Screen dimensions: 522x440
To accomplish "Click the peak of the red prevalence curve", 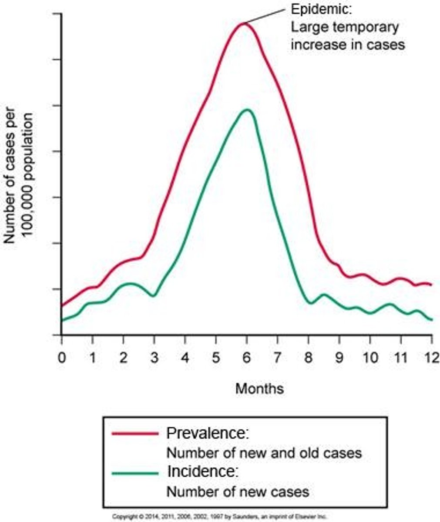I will (245, 23).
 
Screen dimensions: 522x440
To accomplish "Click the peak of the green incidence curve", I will (247, 109).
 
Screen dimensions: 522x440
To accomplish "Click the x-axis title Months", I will (259, 388).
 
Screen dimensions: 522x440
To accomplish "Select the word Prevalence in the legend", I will (207, 433).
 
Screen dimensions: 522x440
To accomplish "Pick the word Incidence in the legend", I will (202, 471).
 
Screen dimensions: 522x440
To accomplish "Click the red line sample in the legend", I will (135, 433).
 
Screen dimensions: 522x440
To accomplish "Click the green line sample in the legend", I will (135, 473).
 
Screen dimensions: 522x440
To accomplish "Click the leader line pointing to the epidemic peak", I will (265, 15).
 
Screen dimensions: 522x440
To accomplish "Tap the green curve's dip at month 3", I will (153, 296).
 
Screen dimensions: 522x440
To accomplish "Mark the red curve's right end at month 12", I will (431, 284).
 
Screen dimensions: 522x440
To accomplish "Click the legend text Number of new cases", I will (238, 492).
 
